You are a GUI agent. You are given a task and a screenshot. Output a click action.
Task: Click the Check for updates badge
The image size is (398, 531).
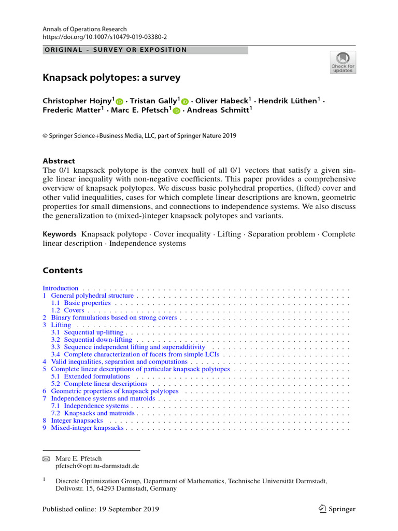343,62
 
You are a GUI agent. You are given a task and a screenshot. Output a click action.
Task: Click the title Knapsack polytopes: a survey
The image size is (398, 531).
111,78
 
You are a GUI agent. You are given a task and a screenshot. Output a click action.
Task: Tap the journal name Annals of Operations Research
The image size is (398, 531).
84,29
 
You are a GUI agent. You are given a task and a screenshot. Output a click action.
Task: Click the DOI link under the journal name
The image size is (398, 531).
105,37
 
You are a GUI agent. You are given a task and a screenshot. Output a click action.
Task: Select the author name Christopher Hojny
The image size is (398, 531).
78,101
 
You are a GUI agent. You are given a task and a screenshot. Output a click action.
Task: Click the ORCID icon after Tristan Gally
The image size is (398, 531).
186,102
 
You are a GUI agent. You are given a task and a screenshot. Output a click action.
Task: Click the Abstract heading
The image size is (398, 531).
59,161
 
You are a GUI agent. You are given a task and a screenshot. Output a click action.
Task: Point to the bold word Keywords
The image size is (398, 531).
60,234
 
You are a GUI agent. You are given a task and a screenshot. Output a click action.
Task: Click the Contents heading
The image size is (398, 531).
62,270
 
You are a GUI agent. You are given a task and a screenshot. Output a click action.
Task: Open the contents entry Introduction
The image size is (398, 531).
60,288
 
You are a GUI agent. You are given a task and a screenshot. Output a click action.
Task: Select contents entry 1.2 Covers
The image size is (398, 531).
68,310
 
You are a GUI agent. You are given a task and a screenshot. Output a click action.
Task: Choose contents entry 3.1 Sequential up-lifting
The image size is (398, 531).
87,332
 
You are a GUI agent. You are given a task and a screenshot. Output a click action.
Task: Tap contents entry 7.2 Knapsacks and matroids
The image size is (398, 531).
93,413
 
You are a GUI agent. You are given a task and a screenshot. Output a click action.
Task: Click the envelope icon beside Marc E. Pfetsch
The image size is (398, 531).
46,459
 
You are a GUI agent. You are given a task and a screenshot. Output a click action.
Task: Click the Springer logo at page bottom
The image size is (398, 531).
337,509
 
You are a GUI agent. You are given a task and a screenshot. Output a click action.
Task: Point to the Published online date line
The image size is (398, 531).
101,509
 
